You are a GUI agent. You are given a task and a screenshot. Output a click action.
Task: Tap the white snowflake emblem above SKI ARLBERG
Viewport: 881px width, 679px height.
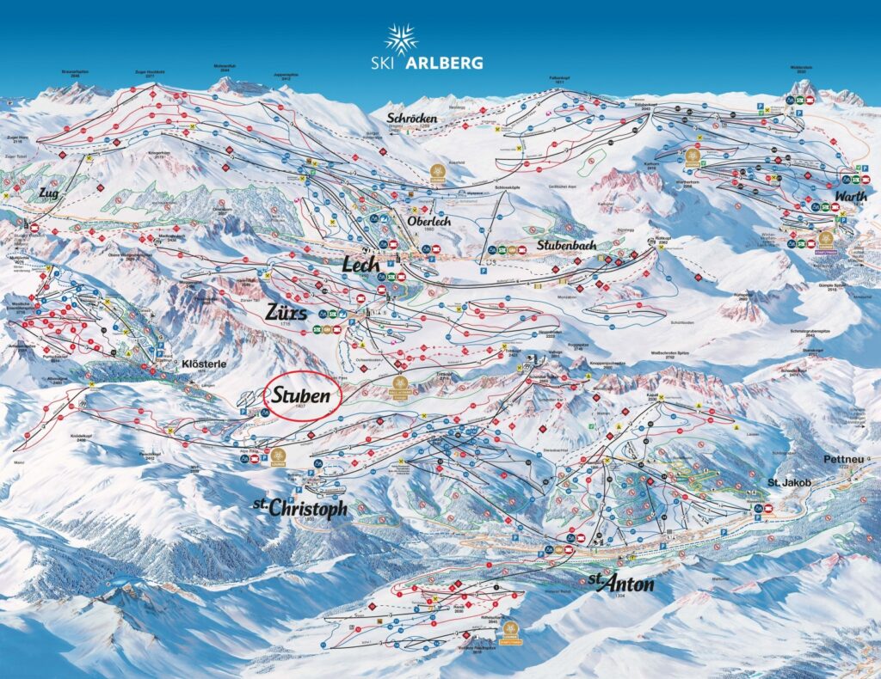click(x=401, y=39)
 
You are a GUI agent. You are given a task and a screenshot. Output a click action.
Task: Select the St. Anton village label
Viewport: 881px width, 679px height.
click(x=622, y=584)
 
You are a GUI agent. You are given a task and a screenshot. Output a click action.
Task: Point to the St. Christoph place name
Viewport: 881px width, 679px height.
click(x=300, y=507)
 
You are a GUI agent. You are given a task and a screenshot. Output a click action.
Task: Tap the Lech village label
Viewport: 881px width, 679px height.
click(x=361, y=265)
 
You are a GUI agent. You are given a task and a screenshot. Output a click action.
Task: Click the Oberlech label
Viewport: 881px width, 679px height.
click(x=428, y=221)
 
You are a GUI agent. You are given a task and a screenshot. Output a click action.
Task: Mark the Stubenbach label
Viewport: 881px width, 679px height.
click(x=566, y=245)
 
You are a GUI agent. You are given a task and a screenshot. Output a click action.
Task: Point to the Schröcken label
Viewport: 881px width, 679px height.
click(x=412, y=118)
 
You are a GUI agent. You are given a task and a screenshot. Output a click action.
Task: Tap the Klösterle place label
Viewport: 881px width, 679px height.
click(x=204, y=364)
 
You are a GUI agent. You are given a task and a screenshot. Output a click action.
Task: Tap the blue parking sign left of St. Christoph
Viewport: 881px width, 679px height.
click(x=291, y=499)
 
